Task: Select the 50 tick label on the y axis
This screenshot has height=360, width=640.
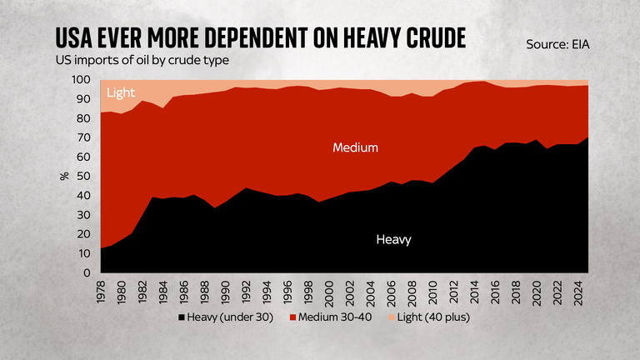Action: (x=83, y=177)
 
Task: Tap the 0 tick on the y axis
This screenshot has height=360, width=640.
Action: (x=87, y=273)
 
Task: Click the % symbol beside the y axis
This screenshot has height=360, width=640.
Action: (x=64, y=177)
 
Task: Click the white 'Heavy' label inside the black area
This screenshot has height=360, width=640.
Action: (x=393, y=239)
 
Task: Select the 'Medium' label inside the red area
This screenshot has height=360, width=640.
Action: (x=356, y=147)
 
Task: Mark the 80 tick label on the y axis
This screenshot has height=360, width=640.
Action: (x=83, y=118)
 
